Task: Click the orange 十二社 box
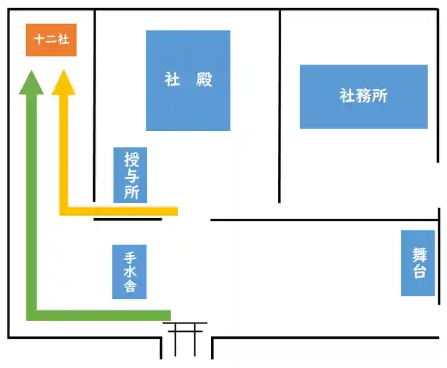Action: [51, 40]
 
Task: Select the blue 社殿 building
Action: [188, 80]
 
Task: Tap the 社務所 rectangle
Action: [363, 96]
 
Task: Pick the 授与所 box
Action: [130, 175]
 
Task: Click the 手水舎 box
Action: [130, 272]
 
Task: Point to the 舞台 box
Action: [418, 263]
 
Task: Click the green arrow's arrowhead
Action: [31, 84]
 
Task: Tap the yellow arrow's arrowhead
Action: [63, 84]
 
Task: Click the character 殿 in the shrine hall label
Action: [204, 80]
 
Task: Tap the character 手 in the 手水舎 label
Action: [130, 257]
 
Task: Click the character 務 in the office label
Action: [364, 96]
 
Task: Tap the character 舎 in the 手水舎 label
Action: [130, 288]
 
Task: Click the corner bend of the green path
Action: [32, 315]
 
